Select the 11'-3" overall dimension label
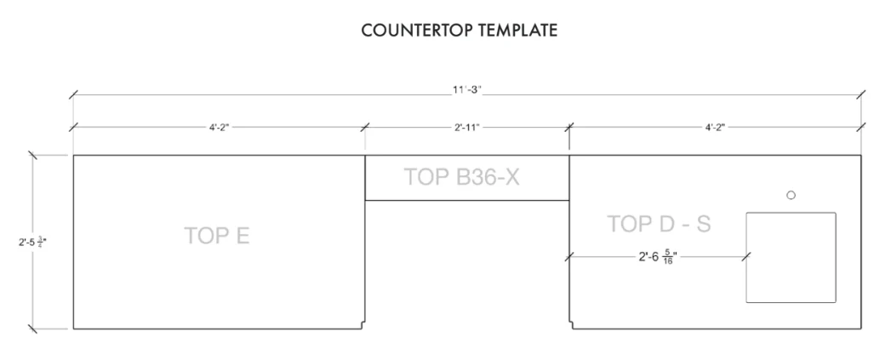[x=466, y=91]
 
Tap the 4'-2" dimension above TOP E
[x=219, y=127]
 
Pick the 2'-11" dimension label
[x=467, y=127]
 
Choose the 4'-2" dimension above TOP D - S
[x=715, y=127]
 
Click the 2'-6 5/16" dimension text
[x=658, y=258]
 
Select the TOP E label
[x=217, y=236]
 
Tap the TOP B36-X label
[x=461, y=177]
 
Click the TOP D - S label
[x=660, y=224]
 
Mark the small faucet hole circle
[x=791, y=195]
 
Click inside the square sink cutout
[x=791, y=258]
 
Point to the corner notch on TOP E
[x=363, y=325]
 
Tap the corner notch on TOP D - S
[x=571, y=325]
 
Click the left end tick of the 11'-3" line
[x=73, y=95]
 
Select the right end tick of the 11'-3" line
[x=861, y=95]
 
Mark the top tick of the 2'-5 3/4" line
[x=32, y=155]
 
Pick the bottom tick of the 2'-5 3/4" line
[x=32, y=329]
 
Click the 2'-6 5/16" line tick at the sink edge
[x=746, y=257]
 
